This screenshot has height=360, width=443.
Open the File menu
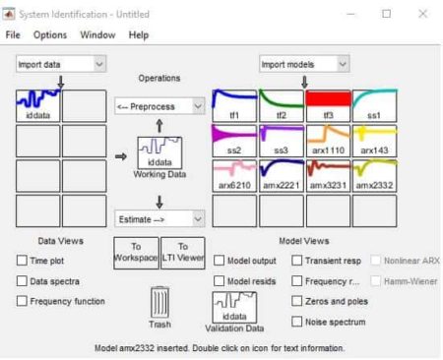tap(13, 34)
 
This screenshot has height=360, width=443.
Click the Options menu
tap(50, 34)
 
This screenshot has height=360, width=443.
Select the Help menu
tap(138, 34)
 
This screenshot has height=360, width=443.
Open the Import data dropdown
tap(60, 64)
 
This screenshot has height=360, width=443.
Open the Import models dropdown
tap(304, 64)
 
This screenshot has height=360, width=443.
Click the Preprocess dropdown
tap(158, 105)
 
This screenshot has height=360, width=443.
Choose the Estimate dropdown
tap(158, 219)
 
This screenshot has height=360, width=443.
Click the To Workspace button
tap(136, 253)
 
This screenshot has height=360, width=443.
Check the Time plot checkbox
tap(22, 261)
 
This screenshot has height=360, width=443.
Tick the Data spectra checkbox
tap(22, 281)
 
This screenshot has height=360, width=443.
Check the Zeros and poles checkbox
tap(297, 302)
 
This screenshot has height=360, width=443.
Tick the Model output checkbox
tap(219, 261)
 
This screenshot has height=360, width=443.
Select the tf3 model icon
tap(328, 103)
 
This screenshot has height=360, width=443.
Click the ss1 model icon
tap(374, 103)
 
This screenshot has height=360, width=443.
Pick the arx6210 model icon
tap(233, 174)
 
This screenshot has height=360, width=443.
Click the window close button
tap(422, 14)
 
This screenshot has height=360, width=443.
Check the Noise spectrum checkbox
tap(297, 322)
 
